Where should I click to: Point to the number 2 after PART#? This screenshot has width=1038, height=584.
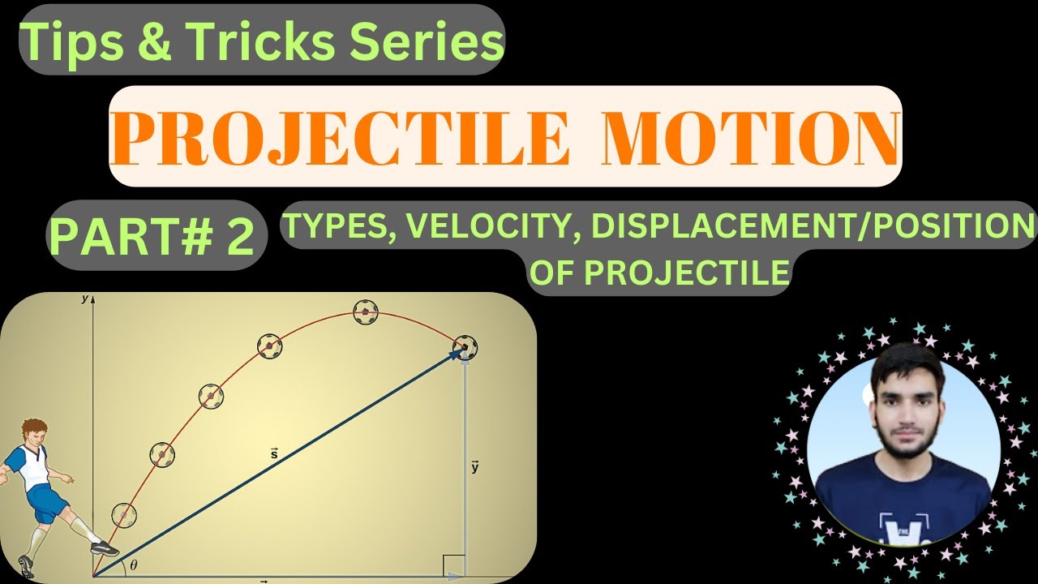pos(240,235)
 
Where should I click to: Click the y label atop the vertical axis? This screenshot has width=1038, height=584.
pos(84,299)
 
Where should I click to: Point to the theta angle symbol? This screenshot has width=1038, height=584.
pos(134,565)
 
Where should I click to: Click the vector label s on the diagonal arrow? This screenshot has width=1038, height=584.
pos(274,453)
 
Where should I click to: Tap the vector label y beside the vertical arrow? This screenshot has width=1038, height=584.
pos(474,466)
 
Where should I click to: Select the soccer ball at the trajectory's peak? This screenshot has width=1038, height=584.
pos(366,311)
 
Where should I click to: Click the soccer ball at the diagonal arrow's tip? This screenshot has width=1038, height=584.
pos(465,347)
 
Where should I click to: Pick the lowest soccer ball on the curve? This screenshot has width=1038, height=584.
pos(124,514)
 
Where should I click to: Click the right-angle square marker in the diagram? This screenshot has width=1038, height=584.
pos(454,565)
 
